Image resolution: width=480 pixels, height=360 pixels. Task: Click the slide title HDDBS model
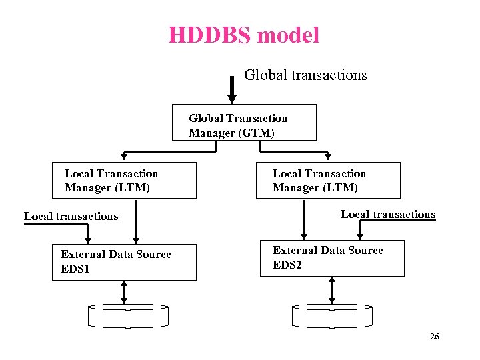(x=243, y=35)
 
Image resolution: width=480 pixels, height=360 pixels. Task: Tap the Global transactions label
(x=305, y=75)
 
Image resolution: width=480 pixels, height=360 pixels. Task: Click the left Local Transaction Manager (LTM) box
(x=125, y=180)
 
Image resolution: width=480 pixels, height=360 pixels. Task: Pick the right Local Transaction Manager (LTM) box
(x=328, y=180)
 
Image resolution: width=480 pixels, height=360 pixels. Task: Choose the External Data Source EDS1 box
(x=125, y=261)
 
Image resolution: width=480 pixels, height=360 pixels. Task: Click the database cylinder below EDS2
(x=333, y=315)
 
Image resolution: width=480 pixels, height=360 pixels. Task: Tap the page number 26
(x=434, y=337)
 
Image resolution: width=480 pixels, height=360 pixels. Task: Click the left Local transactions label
(x=71, y=216)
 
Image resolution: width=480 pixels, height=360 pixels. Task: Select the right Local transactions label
(x=387, y=214)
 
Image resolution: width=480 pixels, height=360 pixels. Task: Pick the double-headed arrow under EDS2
(x=332, y=290)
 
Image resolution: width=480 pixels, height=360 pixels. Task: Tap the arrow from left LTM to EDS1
(x=135, y=221)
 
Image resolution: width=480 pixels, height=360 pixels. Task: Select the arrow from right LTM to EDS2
(x=304, y=219)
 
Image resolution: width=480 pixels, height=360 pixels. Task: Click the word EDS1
(x=75, y=269)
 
